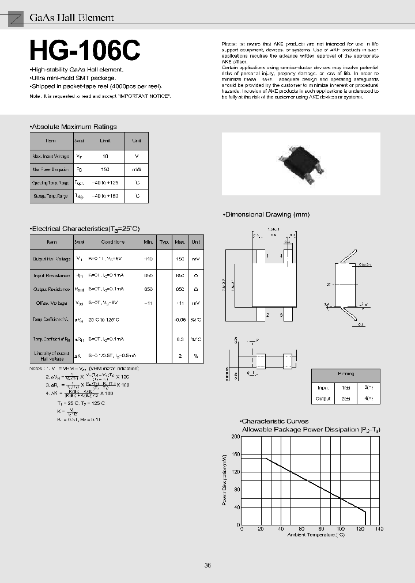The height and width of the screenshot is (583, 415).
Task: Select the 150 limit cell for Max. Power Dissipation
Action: coord(105,170)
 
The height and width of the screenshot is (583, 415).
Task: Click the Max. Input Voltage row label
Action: coord(51,156)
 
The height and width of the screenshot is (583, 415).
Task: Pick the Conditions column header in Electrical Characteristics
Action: coord(112,242)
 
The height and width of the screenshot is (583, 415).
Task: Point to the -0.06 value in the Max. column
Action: coord(180,319)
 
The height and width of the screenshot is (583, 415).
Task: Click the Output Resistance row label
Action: coord(51,289)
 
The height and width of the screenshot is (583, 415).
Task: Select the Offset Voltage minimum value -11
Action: coord(149,303)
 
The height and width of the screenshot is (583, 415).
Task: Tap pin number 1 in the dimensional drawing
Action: coord(267,256)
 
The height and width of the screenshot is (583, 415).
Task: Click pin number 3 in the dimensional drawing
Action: coord(281,315)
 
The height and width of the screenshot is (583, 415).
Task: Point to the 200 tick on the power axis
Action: coord(235,437)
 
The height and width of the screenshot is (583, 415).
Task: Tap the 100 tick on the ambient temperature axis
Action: coord(339,528)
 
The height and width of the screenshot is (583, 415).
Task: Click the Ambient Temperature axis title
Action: coord(316,535)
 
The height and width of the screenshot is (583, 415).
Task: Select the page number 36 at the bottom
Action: coord(207,565)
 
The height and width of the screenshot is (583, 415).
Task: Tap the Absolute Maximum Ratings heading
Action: coord(74,127)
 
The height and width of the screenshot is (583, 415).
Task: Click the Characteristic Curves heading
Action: coord(275,421)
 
